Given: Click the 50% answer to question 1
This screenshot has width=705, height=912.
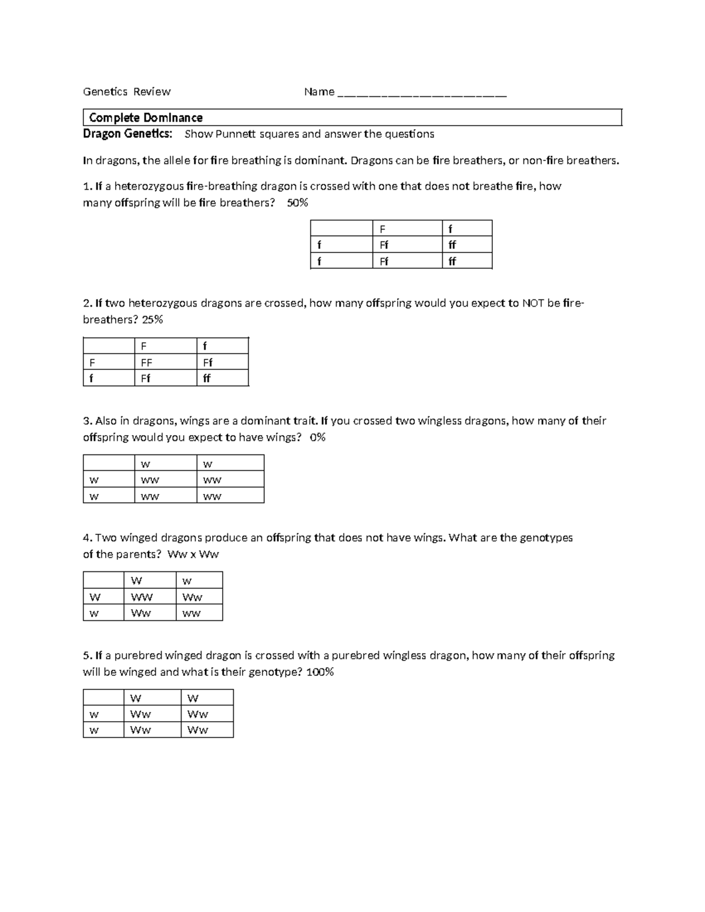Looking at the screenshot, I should pyautogui.click(x=297, y=203).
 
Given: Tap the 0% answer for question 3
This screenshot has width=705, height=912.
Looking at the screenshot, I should pyautogui.click(x=317, y=437).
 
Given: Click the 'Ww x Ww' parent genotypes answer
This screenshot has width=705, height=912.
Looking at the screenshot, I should pyautogui.click(x=193, y=554).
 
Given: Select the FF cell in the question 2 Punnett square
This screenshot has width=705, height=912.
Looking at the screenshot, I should pyautogui.click(x=146, y=362).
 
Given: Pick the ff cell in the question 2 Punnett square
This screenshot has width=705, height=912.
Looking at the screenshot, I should pyautogui.click(x=206, y=379).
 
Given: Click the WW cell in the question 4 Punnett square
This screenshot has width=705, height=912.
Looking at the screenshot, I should pyautogui.click(x=142, y=597).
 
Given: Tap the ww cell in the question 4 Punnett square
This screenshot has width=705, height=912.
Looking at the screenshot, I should pyautogui.click(x=192, y=614).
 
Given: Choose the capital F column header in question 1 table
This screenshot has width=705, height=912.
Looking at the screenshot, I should pyautogui.click(x=383, y=229).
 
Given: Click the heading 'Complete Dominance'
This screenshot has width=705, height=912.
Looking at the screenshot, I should pyautogui.click(x=146, y=117).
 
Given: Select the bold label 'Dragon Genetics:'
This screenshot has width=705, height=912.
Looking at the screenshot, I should pyautogui.click(x=127, y=134).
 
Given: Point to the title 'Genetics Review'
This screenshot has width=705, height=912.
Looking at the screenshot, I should pyautogui.click(x=126, y=92).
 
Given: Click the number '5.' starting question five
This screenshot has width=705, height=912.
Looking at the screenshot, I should pyautogui.click(x=88, y=655).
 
